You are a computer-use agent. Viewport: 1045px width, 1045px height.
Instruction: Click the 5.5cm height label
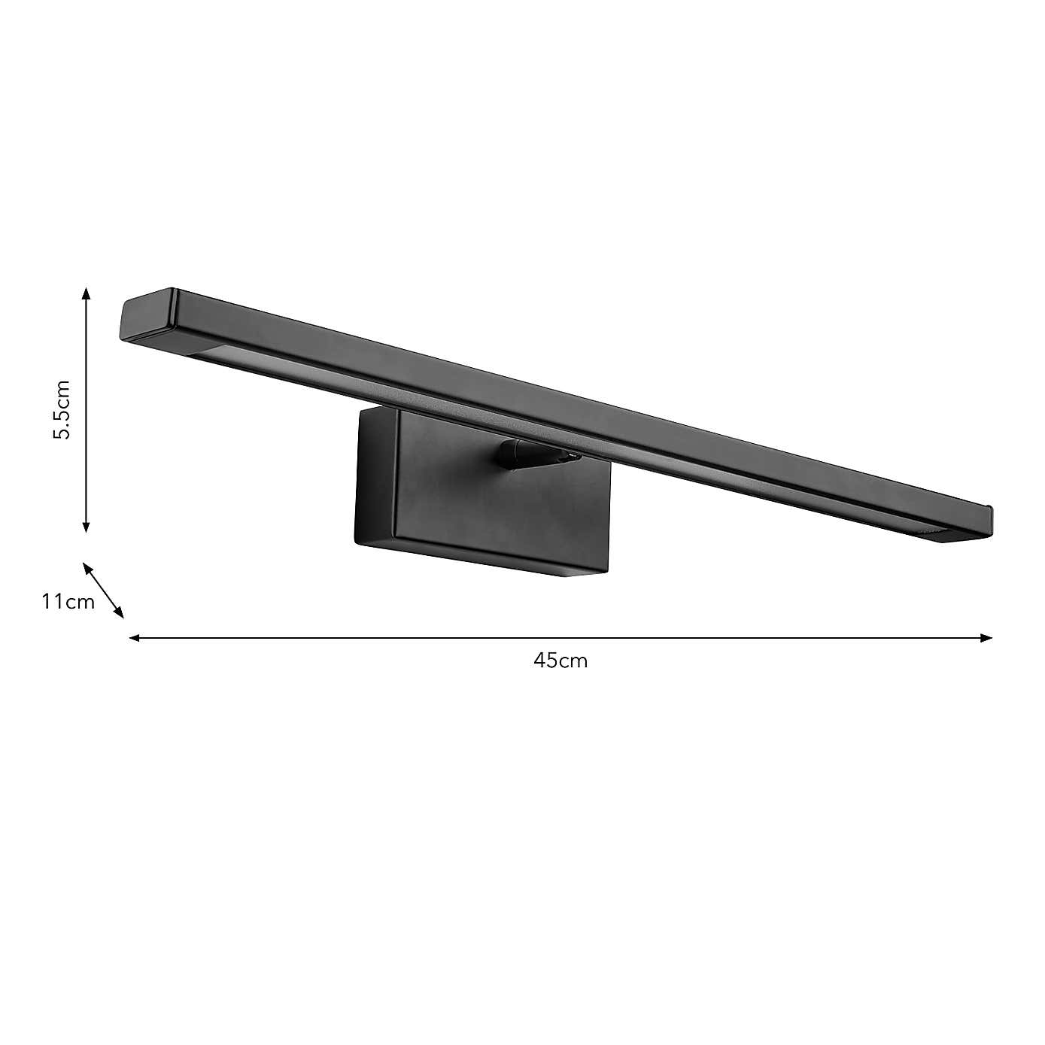click(x=62, y=410)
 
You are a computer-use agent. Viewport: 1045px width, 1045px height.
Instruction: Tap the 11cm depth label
click(x=68, y=602)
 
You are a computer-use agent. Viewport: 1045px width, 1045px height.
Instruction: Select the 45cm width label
click(x=560, y=661)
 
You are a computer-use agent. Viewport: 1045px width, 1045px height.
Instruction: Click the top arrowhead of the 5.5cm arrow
click(x=87, y=293)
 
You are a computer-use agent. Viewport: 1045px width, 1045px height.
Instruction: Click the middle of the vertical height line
click(x=87, y=410)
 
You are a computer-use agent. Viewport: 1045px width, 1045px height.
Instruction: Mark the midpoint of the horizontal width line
click(x=560, y=638)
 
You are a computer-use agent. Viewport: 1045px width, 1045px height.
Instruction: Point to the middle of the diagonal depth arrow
click(x=103, y=591)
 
